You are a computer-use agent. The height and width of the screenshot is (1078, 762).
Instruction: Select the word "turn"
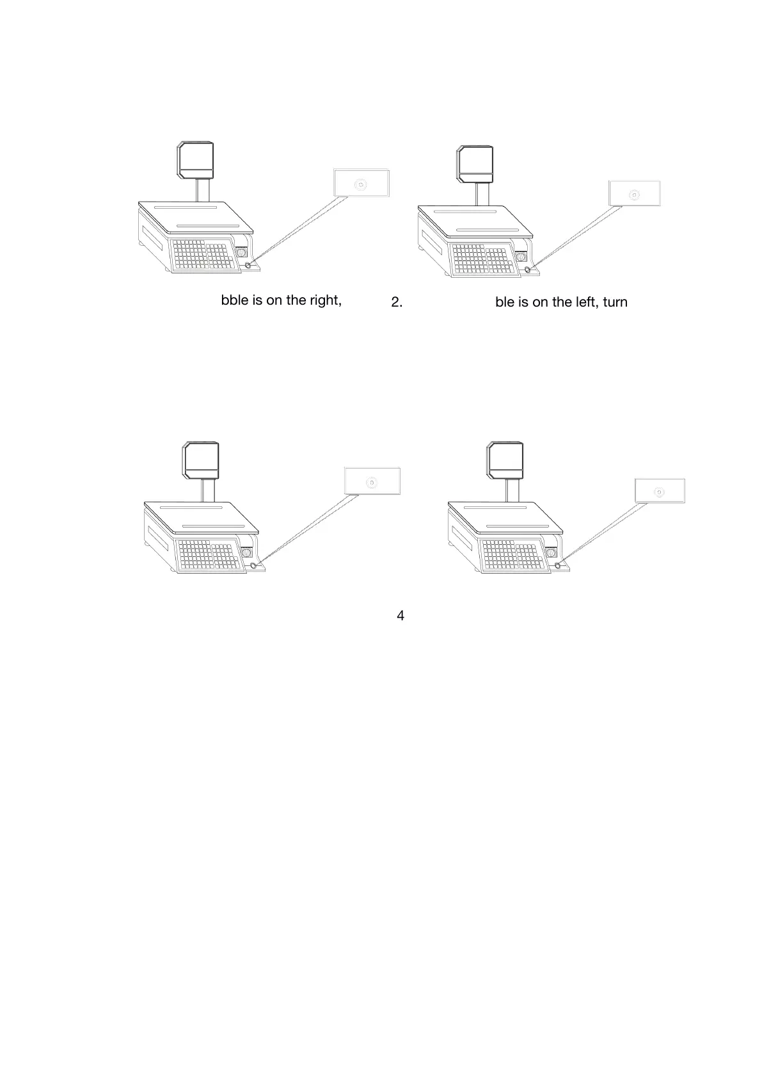[x=615, y=302]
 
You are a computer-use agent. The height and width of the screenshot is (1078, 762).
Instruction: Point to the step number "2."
[x=397, y=302]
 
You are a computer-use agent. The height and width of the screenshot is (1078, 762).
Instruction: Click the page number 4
[x=401, y=616]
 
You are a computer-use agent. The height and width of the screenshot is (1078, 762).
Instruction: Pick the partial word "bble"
[x=235, y=300]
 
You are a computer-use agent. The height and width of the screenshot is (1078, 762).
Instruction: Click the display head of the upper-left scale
[x=196, y=160]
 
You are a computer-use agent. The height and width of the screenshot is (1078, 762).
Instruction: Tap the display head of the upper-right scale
[x=475, y=163]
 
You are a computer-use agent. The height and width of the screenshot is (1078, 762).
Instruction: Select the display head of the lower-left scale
[x=202, y=460]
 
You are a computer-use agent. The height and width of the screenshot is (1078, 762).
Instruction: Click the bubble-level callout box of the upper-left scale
[x=361, y=183]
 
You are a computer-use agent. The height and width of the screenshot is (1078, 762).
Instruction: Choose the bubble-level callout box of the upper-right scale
[x=634, y=193]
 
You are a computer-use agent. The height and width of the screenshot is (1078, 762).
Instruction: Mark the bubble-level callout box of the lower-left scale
[x=372, y=481]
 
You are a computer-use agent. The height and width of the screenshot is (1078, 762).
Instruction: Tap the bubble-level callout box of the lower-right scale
[x=660, y=491]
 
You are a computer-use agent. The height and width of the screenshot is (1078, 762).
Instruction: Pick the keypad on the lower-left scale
[x=209, y=555]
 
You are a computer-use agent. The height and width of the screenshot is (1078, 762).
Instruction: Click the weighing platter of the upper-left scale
[x=195, y=217]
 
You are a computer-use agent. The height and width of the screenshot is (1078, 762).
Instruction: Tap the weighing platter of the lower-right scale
[x=505, y=518]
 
